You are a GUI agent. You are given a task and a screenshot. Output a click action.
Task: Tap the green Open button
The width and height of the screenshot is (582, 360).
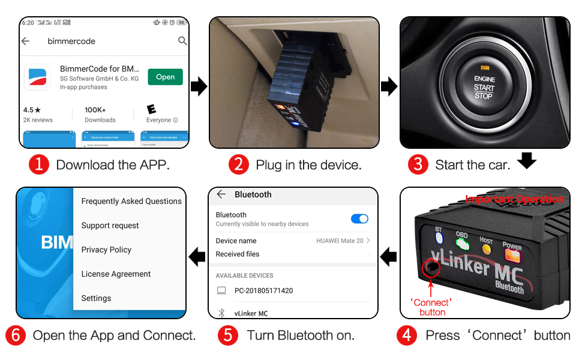pos(165,77)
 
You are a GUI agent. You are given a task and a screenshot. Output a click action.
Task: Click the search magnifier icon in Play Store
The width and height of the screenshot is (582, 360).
pos(182,41)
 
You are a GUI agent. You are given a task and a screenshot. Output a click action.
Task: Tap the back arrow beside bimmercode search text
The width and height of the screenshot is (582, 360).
pos(25,41)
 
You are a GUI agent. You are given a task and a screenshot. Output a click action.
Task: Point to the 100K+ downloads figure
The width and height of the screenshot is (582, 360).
pos(95,110)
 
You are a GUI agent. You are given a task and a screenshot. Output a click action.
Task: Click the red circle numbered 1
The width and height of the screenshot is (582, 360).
pos(39,164)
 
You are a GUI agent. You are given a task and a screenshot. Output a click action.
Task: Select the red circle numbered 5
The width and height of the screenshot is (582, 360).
pos(228,335)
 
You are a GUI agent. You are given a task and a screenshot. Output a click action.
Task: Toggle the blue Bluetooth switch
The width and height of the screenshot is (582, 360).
pos(359,218)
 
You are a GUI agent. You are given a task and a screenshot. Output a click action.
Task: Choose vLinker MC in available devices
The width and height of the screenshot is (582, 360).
pos(251,313)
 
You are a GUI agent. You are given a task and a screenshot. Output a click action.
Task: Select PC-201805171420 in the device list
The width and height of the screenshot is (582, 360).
pos(263,290)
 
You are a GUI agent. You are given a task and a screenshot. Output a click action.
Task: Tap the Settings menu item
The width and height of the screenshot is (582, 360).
pos(96,298)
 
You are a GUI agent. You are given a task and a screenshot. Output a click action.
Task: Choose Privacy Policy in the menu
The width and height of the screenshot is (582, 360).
pos(106,250)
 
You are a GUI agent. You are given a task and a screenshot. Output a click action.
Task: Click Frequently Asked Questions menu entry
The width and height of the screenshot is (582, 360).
pos(131,201)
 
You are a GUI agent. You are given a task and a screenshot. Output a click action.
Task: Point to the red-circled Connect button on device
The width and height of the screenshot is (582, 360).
pos(430,267)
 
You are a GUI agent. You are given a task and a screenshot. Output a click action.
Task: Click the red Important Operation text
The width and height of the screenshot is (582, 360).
pos(514,199)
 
